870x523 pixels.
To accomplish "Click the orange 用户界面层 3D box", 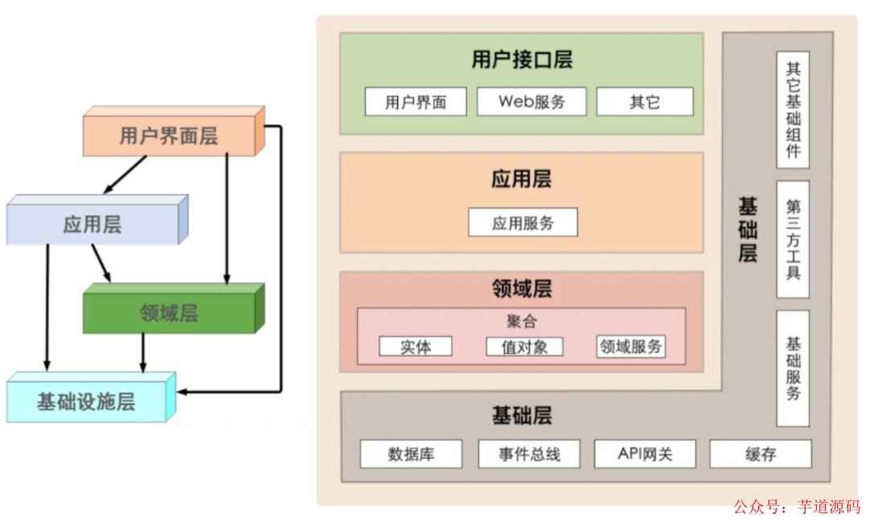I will [169, 135].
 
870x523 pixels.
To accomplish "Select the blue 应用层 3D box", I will [93, 224].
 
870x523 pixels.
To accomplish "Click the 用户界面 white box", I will [416, 102].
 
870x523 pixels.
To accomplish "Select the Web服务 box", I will [532, 102].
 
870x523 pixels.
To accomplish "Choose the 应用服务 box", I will [523, 223].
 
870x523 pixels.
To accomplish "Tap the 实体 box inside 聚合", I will [416, 347].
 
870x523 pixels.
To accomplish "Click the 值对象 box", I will [524, 347].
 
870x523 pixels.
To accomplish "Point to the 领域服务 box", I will [631, 347].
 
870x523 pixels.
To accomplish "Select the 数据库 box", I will [411, 454].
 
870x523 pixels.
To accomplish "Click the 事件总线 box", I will [529, 454].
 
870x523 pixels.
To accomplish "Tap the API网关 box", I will [645, 454].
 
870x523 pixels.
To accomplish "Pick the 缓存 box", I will [760, 454].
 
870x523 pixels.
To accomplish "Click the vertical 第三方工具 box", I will [793, 239].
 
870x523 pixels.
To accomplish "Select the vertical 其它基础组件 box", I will [793, 110].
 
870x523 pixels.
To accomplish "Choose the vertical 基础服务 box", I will [793, 367].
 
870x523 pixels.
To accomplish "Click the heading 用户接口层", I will [522, 60].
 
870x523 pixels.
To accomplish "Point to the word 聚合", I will [521, 322].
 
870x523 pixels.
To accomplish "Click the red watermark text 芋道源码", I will [829, 507].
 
